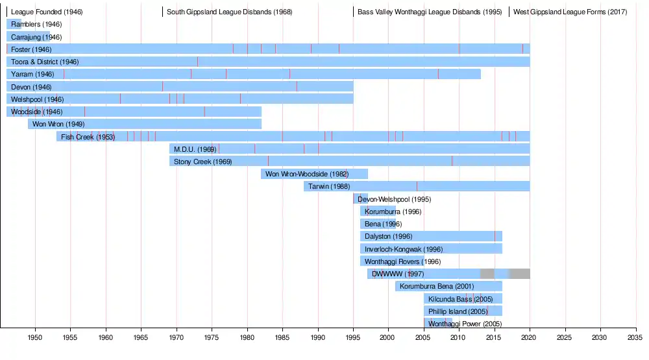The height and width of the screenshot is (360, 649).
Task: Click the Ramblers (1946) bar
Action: pyautogui.click(x=14, y=24)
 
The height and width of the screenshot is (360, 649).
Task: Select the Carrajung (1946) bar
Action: pyautogui.click(x=29, y=37)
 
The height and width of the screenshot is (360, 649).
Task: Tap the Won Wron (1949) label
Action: pyautogui.click(x=58, y=124)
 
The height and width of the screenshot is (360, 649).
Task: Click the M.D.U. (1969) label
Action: pyautogui.click(x=195, y=149)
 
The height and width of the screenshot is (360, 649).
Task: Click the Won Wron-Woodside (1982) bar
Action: pyautogui.click(x=314, y=174)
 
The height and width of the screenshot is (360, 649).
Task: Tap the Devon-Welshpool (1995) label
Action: pyautogui.click(x=394, y=199)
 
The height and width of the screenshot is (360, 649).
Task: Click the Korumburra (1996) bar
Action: pyautogui.click(x=378, y=211)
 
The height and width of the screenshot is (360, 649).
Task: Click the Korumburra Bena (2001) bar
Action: pyautogui.click(x=448, y=286)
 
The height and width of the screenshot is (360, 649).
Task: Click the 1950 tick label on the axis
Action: pyautogui.click(x=35, y=339)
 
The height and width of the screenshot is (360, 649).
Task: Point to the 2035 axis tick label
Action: pyautogui.click(x=635, y=339)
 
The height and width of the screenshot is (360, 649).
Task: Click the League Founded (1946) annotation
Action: pyautogui.click(x=47, y=12)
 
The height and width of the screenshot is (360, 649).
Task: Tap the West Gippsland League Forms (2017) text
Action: pyautogui.click(x=570, y=12)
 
